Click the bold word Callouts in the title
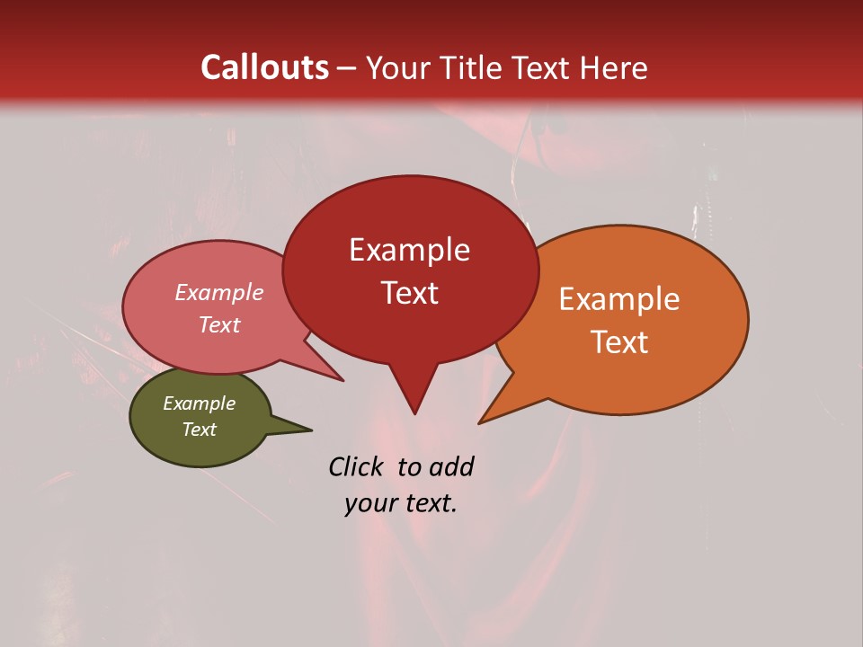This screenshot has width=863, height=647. [264, 67]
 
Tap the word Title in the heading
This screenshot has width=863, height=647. [473, 67]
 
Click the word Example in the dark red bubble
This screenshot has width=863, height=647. [409, 250]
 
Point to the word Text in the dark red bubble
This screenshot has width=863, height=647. [409, 293]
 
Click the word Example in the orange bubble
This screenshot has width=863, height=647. [619, 299]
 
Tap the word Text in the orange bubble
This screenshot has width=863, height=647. [619, 342]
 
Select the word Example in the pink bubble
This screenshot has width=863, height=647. [218, 293]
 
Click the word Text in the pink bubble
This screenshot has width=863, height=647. [218, 324]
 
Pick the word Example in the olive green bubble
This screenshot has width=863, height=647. [199, 403]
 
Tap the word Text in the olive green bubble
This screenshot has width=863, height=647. [199, 430]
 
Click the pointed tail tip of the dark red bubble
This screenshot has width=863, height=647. [414, 413]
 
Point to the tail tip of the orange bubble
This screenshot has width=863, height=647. [480, 422]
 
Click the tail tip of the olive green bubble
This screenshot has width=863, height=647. [311, 430]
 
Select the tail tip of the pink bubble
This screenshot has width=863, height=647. [343, 381]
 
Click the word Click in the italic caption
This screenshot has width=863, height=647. [355, 467]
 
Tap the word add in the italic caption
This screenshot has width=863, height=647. [451, 467]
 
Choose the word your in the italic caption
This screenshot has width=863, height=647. [369, 503]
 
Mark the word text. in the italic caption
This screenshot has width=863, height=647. [429, 503]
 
